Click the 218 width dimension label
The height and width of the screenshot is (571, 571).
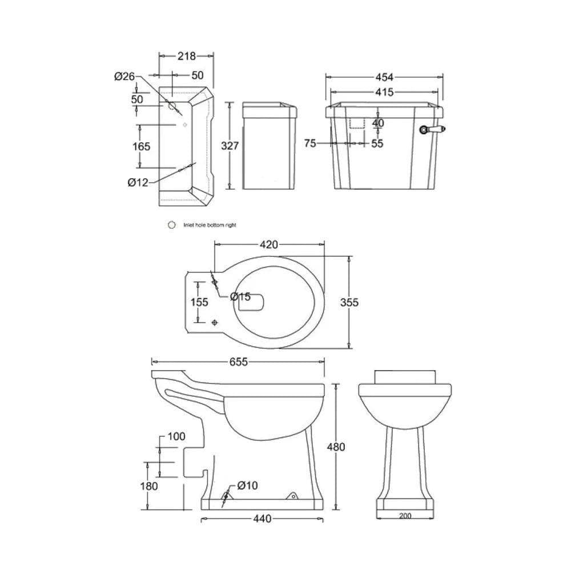tap(186, 56)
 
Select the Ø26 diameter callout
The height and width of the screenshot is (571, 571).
tap(124, 77)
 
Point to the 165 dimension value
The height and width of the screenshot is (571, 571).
tap(141, 146)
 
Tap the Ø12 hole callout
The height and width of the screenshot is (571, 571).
tap(138, 183)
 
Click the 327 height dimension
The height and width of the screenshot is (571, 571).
tap(230, 146)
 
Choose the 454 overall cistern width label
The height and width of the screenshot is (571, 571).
tap(385, 77)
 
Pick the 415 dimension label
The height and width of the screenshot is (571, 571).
tap(384, 93)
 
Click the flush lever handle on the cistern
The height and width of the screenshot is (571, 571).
tap(432, 130)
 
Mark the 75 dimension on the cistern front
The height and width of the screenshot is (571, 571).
tap(310, 144)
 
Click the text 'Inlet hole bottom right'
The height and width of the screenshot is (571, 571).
tap(210, 225)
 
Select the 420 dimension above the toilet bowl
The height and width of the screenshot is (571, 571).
tap(268, 245)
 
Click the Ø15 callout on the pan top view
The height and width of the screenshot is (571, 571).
tap(240, 296)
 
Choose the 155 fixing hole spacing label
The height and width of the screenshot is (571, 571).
tap(199, 302)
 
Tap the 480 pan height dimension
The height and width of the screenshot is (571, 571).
tap(335, 447)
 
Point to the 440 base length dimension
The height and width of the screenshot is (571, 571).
tap(262, 518)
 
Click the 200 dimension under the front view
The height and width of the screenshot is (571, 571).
tap(404, 516)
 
